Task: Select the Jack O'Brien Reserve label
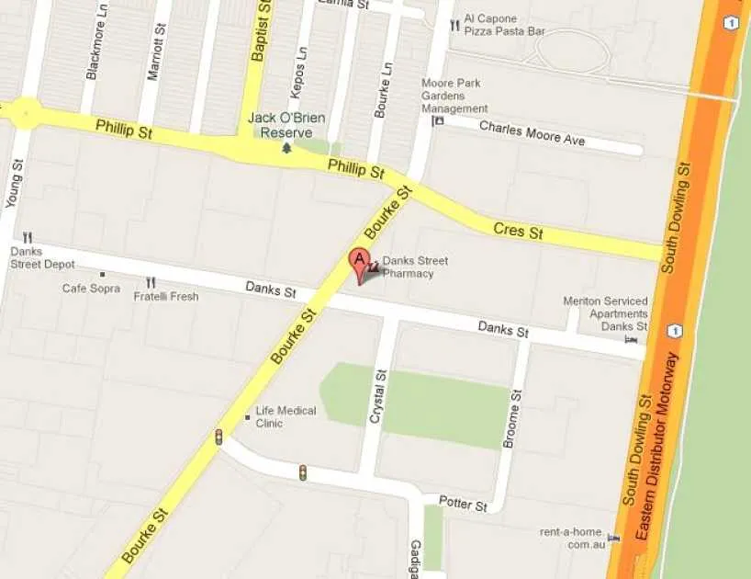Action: click(286, 125)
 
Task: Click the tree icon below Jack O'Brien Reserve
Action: click(286, 147)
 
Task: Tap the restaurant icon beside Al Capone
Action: click(454, 26)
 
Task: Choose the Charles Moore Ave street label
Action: click(532, 132)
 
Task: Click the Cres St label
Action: click(518, 231)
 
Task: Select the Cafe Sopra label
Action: click(91, 289)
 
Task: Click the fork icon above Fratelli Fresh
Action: click(151, 282)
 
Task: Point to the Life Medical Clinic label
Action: click(286, 417)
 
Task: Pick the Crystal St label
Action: click(375, 396)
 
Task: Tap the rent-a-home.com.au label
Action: click(574, 537)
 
